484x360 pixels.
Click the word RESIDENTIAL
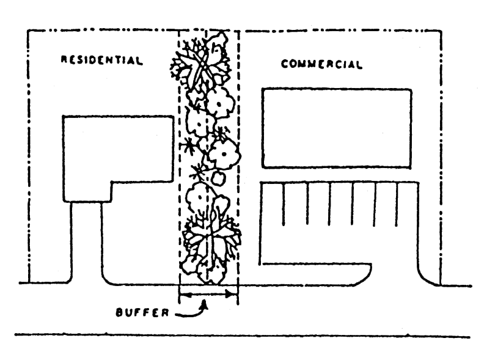(x=101, y=61)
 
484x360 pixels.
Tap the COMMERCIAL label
(x=321, y=64)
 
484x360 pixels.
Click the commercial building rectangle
(x=335, y=128)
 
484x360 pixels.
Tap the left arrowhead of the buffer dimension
(x=182, y=294)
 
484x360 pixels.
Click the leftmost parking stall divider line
(x=284, y=204)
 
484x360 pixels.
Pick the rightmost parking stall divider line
(x=397, y=204)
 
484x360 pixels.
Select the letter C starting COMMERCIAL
(x=284, y=64)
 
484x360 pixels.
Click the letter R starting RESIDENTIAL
(x=64, y=61)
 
